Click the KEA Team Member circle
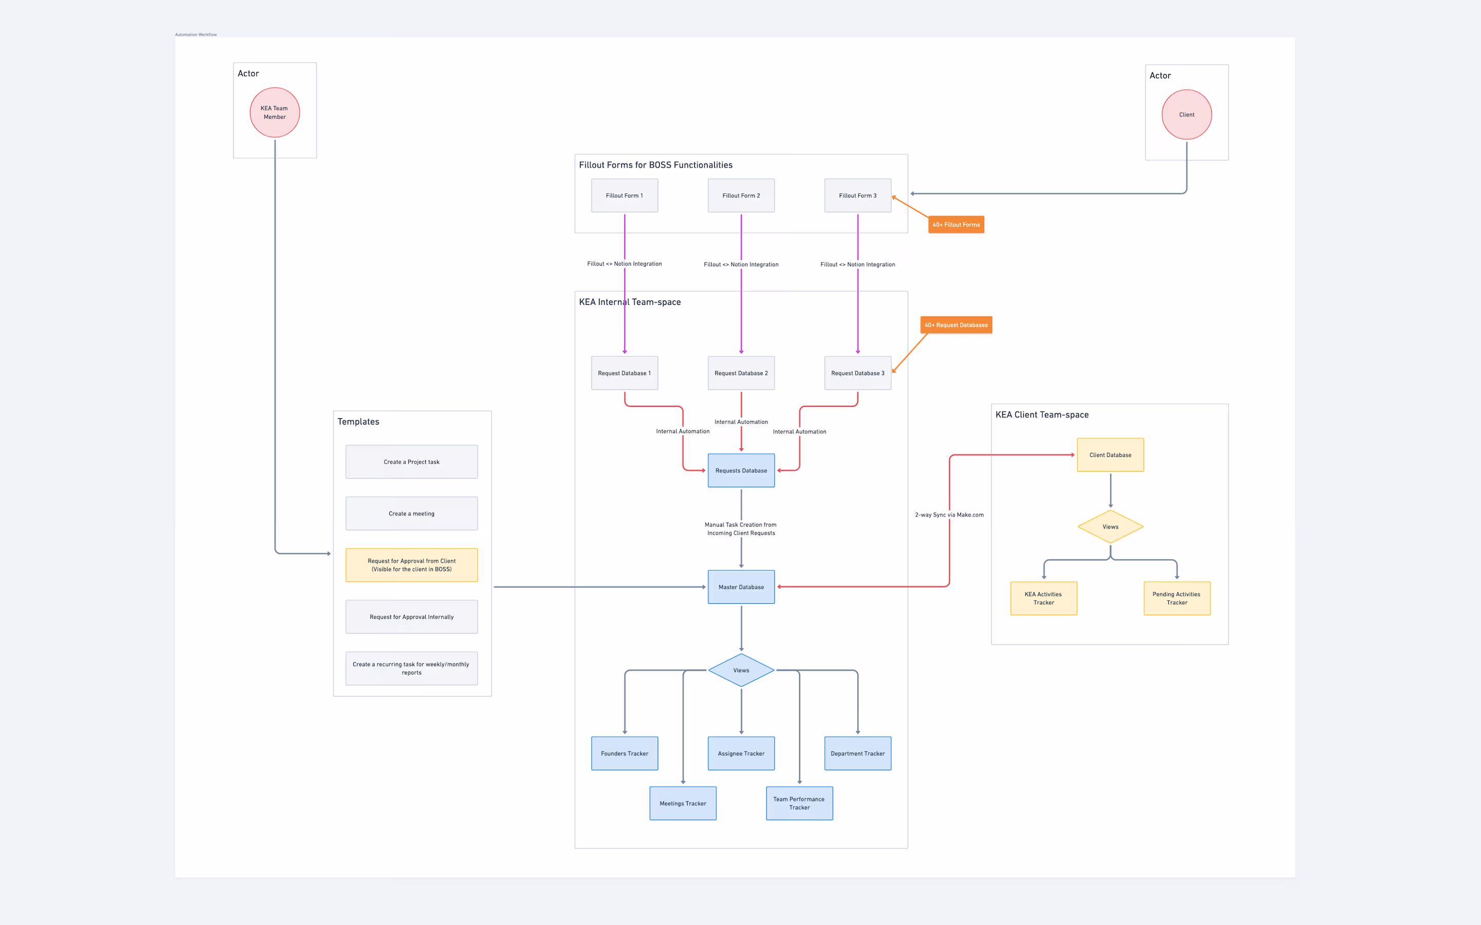[x=275, y=113]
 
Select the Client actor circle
[x=1186, y=115]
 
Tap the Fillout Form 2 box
[x=740, y=196]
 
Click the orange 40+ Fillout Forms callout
[x=956, y=225]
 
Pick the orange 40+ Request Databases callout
[x=956, y=325]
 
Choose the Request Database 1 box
[x=624, y=373]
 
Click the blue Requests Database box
[x=740, y=470]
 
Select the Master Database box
[x=740, y=587]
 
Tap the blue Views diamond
[x=740, y=670]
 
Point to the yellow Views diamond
[x=1110, y=527]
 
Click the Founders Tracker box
[x=624, y=753]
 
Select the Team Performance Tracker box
[x=799, y=803]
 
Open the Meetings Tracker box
[x=682, y=803]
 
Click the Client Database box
[x=1110, y=455]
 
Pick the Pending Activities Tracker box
[x=1176, y=598]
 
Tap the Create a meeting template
[x=411, y=513]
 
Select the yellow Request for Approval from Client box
[x=411, y=565]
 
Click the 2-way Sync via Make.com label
[x=949, y=514]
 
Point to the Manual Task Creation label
[x=740, y=529]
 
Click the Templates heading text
[x=358, y=421]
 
